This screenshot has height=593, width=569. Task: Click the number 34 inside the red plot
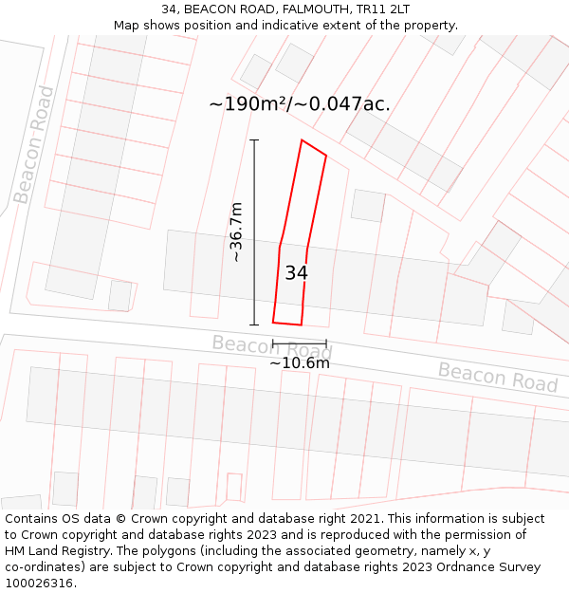(x=296, y=273)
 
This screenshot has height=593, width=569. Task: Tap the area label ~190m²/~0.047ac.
(x=299, y=104)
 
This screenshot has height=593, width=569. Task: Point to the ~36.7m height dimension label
(x=236, y=232)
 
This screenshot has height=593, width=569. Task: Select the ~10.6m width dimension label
(x=300, y=362)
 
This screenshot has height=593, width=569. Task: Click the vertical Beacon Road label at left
(x=34, y=144)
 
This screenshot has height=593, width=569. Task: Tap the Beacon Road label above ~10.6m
(x=272, y=347)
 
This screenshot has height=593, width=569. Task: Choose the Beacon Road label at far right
(x=497, y=377)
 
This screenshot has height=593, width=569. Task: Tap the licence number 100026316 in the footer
(x=38, y=584)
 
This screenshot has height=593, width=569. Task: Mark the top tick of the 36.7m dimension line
(x=254, y=140)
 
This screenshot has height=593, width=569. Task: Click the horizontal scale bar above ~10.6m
(x=300, y=343)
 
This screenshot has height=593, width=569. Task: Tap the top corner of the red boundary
(x=302, y=140)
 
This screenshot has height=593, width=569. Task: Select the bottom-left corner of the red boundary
(x=273, y=323)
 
